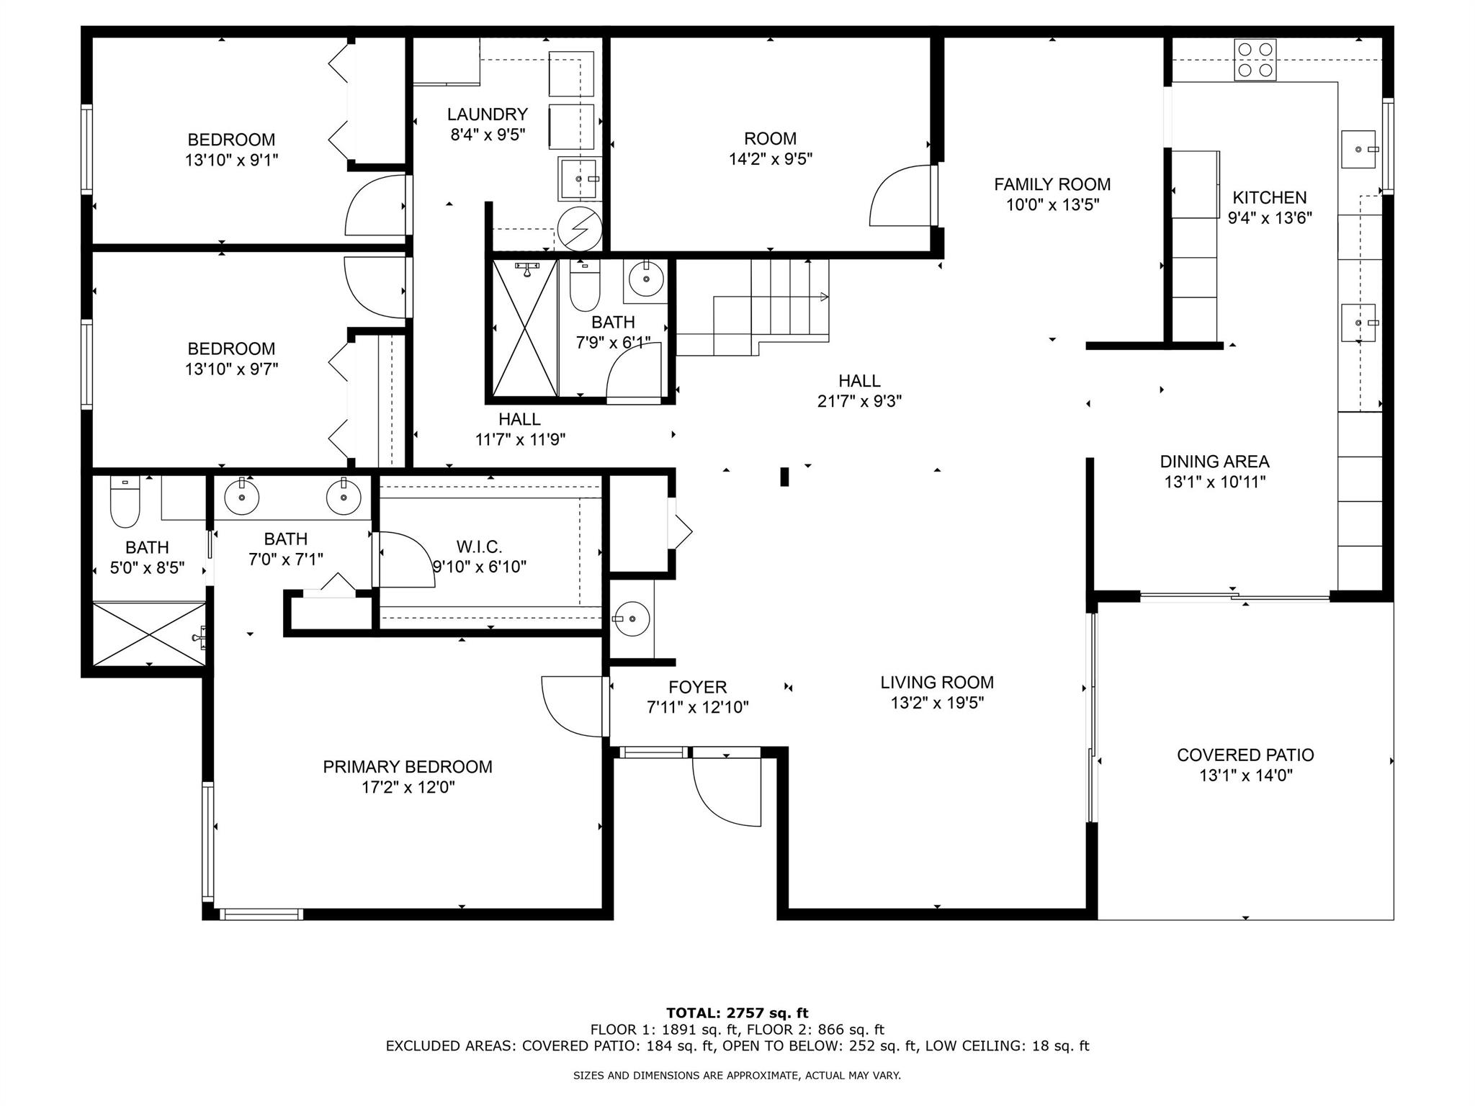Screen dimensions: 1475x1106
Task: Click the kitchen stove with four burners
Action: coord(1255,59)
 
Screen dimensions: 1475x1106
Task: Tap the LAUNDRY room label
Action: coord(487,114)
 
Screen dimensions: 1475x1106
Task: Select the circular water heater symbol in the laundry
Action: coord(580,227)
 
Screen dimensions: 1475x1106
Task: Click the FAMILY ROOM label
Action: coord(1052,184)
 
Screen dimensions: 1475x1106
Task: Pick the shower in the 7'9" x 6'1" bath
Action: coord(525,328)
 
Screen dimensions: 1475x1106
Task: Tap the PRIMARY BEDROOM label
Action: coord(408,767)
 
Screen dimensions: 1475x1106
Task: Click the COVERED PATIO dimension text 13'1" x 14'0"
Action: coord(1245,775)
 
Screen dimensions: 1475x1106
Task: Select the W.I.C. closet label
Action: coord(479,547)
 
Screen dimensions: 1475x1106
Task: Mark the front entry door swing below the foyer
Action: coord(727,790)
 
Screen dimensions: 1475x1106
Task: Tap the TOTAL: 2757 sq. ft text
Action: coord(737,1013)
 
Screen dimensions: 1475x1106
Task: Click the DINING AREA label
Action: coord(1214,462)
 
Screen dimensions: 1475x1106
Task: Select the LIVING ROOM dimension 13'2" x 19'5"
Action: coord(937,703)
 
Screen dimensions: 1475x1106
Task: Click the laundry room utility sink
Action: coord(578,178)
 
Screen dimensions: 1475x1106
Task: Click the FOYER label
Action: coord(697,688)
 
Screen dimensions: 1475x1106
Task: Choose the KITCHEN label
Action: coord(1269,197)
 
